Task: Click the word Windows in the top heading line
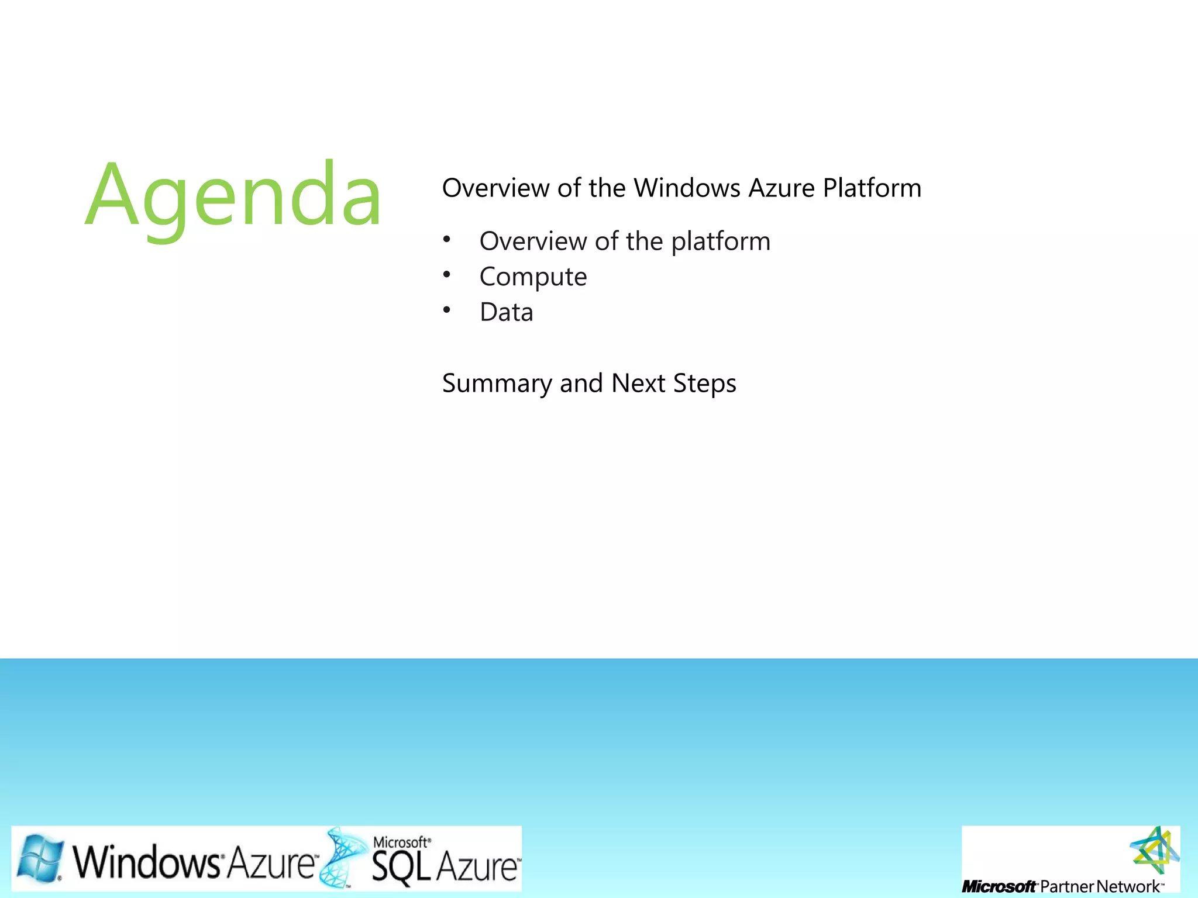coord(687,188)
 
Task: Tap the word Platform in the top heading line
coord(872,188)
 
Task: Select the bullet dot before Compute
coord(447,275)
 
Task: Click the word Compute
coord(533,277)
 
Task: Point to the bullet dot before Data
coord(447,310)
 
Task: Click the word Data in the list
coord(506,312)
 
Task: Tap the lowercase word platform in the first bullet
coord(721,242)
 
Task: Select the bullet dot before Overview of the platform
coord(447,239)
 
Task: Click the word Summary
coord(497,384)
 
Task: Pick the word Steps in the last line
coord(704,384)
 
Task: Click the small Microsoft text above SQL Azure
coord(401,842)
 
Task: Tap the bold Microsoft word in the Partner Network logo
coord(999,887)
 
